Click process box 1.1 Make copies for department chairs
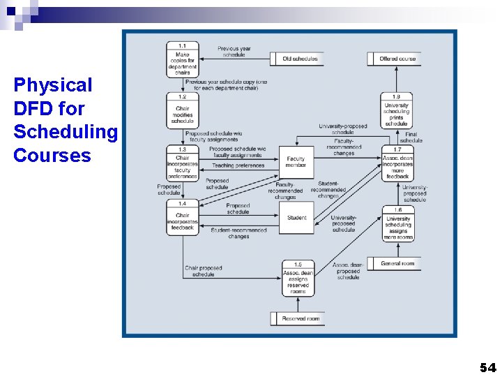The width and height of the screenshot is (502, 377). coord(183,59)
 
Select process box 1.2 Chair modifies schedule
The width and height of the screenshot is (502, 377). coord(183,110)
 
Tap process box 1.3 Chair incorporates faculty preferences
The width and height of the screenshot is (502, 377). coord(183,163)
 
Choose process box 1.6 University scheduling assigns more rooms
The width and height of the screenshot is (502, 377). coord(398,223)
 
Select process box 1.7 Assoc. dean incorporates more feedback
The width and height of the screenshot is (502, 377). coord(397,163)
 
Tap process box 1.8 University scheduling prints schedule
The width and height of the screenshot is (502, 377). coord(397,110)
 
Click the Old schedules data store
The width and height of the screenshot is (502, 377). coord(298,59)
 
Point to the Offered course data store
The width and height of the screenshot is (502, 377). coord(395,59)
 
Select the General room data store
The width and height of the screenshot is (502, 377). coord(395,264)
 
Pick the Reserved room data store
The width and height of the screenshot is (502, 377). coord(298,318)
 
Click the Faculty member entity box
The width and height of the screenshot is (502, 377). coord(296,162)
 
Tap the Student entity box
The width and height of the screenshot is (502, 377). coord(296,218)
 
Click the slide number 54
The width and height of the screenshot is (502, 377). coord(487,367)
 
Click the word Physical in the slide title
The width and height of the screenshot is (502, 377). coord(53,85)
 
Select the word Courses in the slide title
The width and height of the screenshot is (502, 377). coord(52,155)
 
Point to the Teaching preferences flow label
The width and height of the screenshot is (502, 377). coord(238,166)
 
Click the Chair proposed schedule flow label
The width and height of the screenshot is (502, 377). coord(204,271)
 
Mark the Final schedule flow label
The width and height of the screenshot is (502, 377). coord(411,138)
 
